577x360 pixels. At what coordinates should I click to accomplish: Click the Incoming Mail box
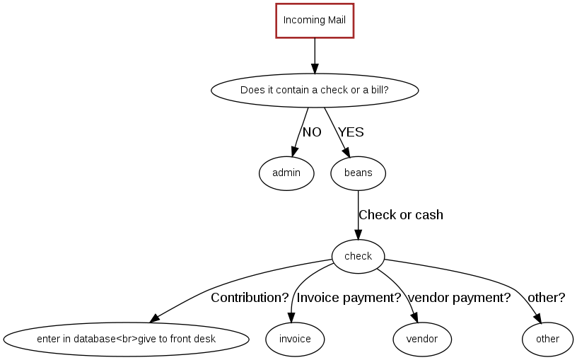(x=315, y=20)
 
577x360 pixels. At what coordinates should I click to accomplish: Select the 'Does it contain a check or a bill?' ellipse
(x=315, y=90)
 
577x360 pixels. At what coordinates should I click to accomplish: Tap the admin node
(x=286, y=173)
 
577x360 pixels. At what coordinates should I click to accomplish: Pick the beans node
(x=358, y=173)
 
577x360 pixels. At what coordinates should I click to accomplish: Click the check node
(x=358, y=256)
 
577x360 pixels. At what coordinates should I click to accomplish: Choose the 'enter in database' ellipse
(x=126, y=339)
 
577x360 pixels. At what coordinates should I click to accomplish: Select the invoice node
(x=295, y=339)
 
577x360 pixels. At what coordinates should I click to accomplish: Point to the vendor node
(x=421, y=339)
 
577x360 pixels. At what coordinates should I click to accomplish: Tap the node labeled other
(x=547, y=339)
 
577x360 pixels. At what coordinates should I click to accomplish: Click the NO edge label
(x=312, y=132)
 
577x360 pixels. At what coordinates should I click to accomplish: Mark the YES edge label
(x=351, y=132)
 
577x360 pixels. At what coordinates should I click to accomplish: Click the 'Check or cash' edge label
(x=401, y=215)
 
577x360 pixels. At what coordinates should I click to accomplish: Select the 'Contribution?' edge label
(x=250, y=298)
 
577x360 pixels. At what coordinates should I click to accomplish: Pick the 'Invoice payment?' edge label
(x=349, y=298)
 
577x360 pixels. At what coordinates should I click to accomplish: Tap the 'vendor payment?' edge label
(x=460, y=298)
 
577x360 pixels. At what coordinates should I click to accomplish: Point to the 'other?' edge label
(x=547, y=298)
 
